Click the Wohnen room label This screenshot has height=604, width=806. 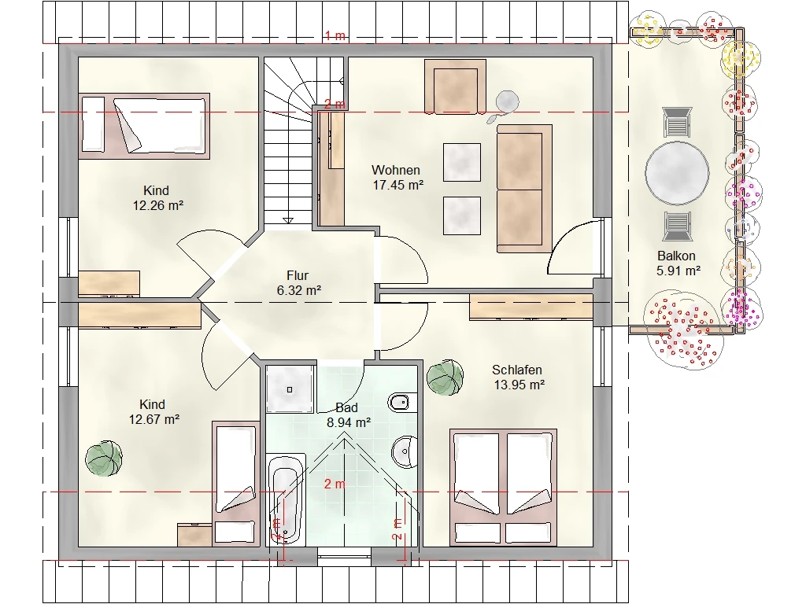click(x=395, y=170)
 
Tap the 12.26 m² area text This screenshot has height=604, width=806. click(x=157, y=205)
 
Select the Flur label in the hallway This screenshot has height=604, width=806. click(x=298, y=276)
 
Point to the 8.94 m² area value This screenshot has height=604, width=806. click(x=349, y=422)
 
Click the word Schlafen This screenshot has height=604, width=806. click(x=516, y=370)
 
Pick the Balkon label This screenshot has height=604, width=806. click(x=676, y=256)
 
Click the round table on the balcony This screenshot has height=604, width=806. click(x=677, y=173)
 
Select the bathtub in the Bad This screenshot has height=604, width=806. click(x=286, y=499)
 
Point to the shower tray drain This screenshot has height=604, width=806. click(x=290, y=390)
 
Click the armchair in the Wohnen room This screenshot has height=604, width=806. click(x=455, y=87)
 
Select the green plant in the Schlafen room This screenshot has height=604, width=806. click(x=445, y=377)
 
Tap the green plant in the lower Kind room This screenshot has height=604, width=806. click(x=104, y=459)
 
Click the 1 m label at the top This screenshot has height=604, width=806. click(x=335, y=36)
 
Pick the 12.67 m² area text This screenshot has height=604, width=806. click(x=153, y=420)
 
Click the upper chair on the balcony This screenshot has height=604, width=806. click(x=677, y=122)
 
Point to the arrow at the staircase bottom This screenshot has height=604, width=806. click(x=288, y=220)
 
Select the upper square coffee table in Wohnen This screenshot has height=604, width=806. click(x=461, y=162)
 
